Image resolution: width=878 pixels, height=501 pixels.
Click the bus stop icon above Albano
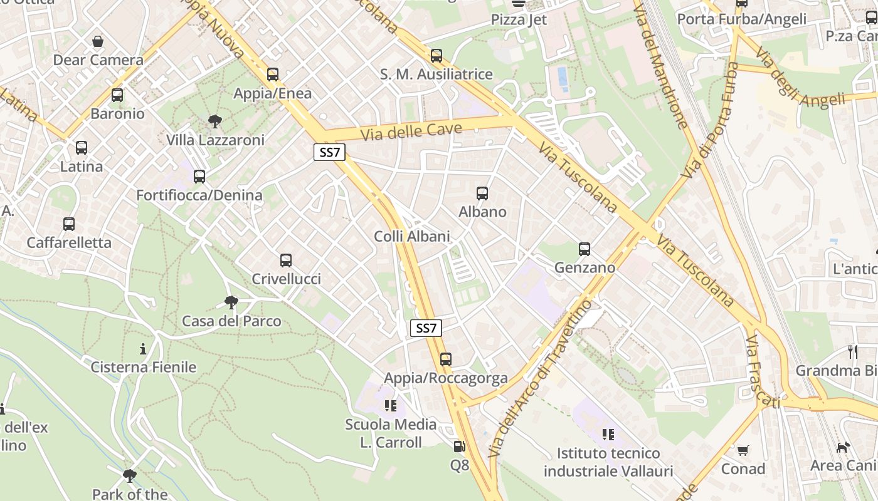point(482,194)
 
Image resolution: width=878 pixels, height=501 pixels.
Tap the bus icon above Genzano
point(584,249)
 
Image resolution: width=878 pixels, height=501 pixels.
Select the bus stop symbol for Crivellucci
point(286,261)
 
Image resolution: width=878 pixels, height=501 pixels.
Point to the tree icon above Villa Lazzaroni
point(215,121)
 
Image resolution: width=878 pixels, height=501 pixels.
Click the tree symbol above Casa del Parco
point(231,303)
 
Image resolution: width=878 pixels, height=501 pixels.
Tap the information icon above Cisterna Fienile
point(144,349)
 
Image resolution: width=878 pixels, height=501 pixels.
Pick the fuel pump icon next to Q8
point(460,447)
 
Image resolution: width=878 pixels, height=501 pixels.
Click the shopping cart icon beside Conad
point(743,450)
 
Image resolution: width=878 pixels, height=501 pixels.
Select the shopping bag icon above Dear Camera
point(98,42)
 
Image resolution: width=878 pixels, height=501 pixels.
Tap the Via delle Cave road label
point(411,132)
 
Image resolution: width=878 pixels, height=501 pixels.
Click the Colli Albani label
point(412,236)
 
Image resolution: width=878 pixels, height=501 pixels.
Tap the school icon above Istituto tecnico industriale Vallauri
point(608,434)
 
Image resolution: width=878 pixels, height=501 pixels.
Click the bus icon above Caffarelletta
point(69,224)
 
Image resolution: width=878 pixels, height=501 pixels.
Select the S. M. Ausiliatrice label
point(436,74)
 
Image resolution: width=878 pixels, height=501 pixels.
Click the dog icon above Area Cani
point(844,447)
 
